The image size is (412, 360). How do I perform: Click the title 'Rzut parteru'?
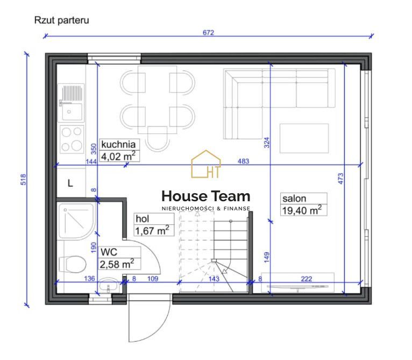[61, 20]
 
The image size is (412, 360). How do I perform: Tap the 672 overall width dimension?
[208, 33]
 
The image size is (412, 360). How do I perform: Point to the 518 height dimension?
[23, 179]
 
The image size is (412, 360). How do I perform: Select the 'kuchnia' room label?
[118, 144]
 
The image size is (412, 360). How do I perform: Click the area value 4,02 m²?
[118, 156]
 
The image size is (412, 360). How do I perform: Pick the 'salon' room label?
[294, 199]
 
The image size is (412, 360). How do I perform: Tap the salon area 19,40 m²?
[302, 210]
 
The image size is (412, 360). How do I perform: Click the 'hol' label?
[142, 219]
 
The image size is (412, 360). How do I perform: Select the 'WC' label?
[109, 252]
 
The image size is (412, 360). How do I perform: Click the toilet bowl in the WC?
[73, 264]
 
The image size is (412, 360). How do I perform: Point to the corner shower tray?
[76, 221]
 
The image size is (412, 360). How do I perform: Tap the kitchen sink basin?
[72, 111]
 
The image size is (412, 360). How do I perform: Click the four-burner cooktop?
[72, 139]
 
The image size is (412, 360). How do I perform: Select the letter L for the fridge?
[70, 183]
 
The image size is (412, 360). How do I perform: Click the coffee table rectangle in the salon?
[304, 138]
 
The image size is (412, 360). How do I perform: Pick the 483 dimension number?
[243, 161]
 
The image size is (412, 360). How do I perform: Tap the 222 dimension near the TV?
[307, 279]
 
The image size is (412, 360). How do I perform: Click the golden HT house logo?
[206, 164]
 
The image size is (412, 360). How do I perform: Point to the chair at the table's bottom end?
[157, 139]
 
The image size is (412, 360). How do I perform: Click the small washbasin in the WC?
[108, 285]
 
